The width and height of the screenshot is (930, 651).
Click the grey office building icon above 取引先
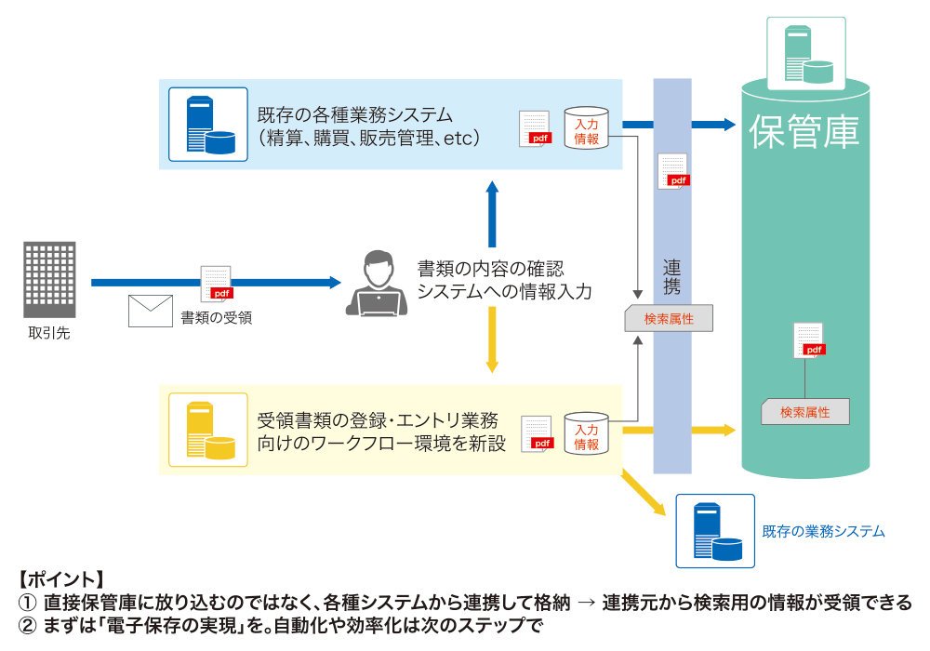coord(49,279)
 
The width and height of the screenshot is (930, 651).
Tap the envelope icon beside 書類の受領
coord(151,311)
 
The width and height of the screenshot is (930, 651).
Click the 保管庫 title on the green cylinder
coord(804,132)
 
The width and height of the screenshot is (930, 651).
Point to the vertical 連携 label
coord(671,277)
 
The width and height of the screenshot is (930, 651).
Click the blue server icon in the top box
coord(208,125)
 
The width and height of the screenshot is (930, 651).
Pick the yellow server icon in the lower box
coord(208,430)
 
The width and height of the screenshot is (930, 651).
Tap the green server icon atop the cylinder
coord(806,53)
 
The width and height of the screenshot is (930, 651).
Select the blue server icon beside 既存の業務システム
coord(715,531)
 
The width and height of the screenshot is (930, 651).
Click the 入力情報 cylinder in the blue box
coord(586,127)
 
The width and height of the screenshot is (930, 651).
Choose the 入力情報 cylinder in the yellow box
coord(586,433)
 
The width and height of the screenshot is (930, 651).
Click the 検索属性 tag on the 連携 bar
coord(669,319)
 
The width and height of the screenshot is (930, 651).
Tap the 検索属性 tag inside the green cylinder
coord(804,411)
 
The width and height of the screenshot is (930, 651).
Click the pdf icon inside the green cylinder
coord(810,340)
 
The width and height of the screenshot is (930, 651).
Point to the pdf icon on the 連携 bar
coord(673,171)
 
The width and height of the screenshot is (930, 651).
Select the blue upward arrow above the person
coord(492,214)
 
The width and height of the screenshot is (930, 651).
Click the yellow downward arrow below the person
coord(492,339)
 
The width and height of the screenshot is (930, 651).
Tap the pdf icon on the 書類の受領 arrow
coord(217,284)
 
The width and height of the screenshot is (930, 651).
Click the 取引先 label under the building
coord(49,333)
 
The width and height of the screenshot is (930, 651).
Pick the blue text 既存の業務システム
coord(823,531)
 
